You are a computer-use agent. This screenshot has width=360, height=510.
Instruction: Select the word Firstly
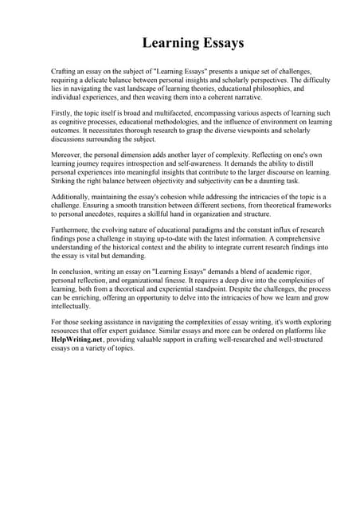click(x=63, y=114)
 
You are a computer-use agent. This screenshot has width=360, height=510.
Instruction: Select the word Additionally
click(x=73, y=196)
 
